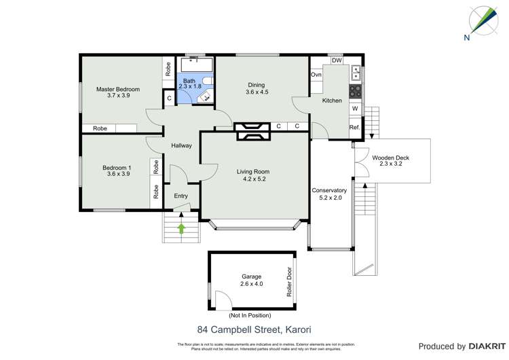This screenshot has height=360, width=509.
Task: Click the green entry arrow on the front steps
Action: (182, 228)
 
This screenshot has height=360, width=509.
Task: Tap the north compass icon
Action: (480, 21)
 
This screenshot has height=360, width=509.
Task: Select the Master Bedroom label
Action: (117, 92)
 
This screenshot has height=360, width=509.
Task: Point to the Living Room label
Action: (253, 175)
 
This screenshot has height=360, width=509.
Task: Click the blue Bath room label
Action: (189, 84)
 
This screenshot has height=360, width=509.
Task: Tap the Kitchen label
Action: (332, 101)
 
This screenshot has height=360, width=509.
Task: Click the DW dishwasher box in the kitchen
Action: (337, 60)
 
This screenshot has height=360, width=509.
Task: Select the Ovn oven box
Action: (316, 75)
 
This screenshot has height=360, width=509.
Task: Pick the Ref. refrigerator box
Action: (354, 127)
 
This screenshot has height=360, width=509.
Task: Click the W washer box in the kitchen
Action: (354, 109)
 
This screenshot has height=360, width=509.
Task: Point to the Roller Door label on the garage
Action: (289, 278)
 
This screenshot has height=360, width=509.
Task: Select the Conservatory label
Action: (329, 194)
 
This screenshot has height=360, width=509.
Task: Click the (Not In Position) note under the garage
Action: (250, 315)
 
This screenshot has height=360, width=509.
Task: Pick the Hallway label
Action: (181, 145)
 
